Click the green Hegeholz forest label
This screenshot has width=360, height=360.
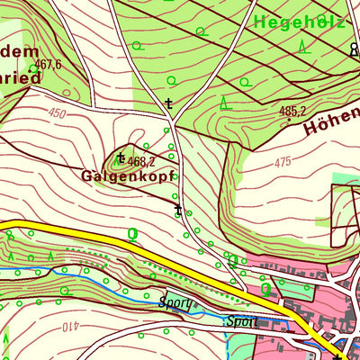pyautogui.click(x=300, y=21)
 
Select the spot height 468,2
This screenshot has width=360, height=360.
pyautogui.click(x=142, y=161)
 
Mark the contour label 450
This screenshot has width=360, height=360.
pyautogui.click(x=58, y=113)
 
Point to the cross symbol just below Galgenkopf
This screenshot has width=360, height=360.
pyautogui.click(x=178, y=210)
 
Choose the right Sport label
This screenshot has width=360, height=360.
pyautogui.click(x=242, y=320)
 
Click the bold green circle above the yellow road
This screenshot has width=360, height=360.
pyautogui.click(x=132, y=234)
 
